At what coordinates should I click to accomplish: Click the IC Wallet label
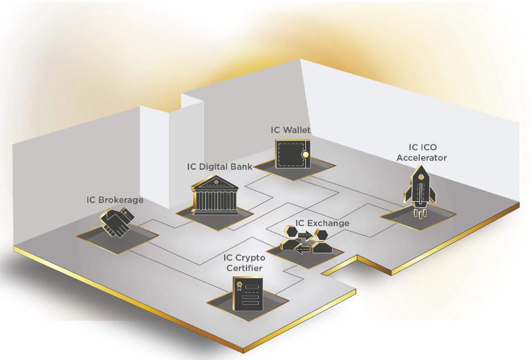pos(290,130)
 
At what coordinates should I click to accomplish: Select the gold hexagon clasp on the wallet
pos(305,155)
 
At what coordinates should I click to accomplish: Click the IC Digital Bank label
pos(219,167)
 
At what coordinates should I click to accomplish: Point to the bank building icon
pos(215,195)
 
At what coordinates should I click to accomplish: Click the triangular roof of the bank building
pos(215,182)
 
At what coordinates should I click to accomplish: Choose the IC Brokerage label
pos(115,200)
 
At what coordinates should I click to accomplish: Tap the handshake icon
pos(118,222)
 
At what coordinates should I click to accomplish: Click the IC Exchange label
pos(322,223)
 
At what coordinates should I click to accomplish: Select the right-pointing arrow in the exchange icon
pos(306,235)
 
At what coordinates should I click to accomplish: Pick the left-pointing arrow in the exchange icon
pos(302,249)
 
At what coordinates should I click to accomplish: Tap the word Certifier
pos(244,268)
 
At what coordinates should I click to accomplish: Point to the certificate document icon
pos(248,294)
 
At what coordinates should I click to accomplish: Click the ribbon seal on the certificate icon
pos(239,286)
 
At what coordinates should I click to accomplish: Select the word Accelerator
pos(422,158)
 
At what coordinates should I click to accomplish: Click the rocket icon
pos(420,190)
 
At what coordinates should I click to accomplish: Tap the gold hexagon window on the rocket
pos(421,177)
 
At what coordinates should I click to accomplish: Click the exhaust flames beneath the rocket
pos(419,213)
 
